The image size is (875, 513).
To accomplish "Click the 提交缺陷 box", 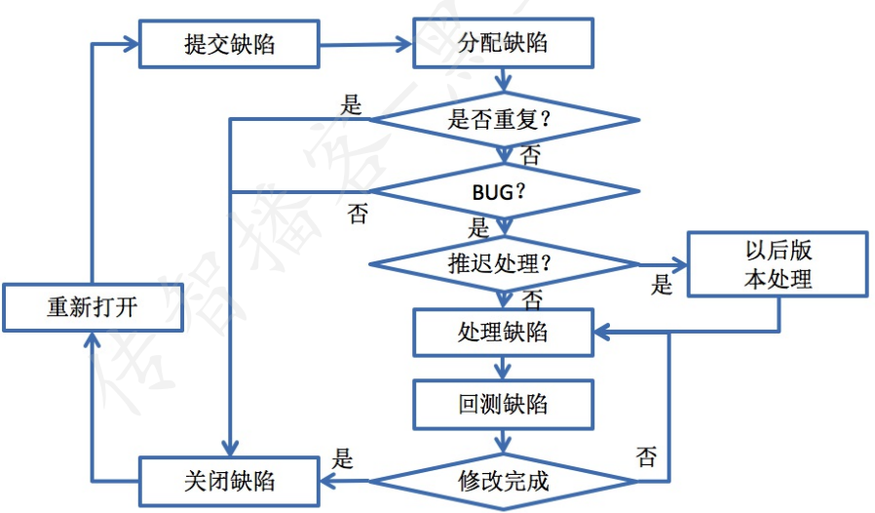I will pyautogui.click(x=229, y=43).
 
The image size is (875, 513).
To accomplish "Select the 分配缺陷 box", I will pyautogui.click(x=502, y=43).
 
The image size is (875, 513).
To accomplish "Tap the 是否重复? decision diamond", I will pyautogui.click(x=503, y=120).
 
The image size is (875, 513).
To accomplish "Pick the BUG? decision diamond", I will pyautogui.click(x=503, y=190).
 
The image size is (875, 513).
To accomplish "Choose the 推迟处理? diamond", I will pyautogui.click(x=503, y=262).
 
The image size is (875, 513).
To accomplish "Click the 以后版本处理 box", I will pyautogui.click(x=777, y=263).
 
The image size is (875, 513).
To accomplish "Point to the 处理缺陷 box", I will pyautogui.click(x=502, y=333).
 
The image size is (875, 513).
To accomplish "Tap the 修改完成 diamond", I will pyautogui.click(x=503, y=480).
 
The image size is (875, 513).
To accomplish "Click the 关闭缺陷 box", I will pyautogui.click(x=229, y=481).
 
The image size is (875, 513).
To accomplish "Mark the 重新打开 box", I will pyautogui.click(x=92, y=308).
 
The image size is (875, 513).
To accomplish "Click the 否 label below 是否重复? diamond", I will pyautogui.click(x=531, y=154).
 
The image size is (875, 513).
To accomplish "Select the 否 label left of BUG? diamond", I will pyautogui.click(x=358, y=214).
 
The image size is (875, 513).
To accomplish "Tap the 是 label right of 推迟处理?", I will pyautogui.click(x=662, y=285).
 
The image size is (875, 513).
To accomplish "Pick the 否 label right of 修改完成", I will pyautogui.click(x=646, y=456).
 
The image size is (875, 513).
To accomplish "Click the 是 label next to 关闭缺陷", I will pyautogui.click(x=343, y=457).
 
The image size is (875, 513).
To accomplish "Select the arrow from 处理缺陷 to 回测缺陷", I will pyautogui.click(x=502, y=369).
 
